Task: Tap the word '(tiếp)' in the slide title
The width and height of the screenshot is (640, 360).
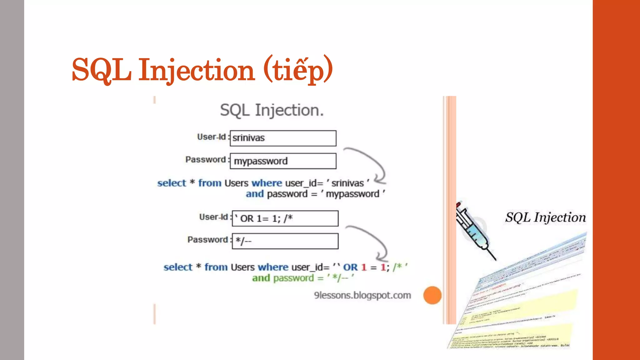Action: coord(298,69)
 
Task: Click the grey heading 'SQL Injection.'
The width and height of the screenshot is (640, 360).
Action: coord(272,110)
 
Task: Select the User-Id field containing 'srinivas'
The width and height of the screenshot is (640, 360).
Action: coord(283,138)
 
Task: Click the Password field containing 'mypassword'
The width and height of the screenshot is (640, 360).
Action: coord(283,161)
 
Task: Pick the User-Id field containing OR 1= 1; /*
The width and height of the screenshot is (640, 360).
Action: coord(285,218)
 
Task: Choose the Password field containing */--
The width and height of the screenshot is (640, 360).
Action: coord(285,241)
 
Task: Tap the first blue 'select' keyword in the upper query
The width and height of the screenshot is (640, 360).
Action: coord(172,183)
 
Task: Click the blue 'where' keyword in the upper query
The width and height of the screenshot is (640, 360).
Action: coord(267,183)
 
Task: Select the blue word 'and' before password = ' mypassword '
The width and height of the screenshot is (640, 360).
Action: coord(255,194)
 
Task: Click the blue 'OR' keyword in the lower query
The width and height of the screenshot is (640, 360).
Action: coord(350,267)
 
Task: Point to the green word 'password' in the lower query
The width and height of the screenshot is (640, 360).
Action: coord(293,278)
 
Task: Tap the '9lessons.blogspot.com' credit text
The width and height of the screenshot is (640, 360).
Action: coord(362,295)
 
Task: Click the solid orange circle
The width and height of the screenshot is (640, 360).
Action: coord(432,295)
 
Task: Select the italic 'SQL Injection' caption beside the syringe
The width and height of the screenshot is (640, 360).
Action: coord(545,217)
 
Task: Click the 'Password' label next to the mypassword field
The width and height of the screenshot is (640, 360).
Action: coord(205,160)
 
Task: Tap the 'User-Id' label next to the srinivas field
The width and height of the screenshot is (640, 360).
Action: coord(211,137)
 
